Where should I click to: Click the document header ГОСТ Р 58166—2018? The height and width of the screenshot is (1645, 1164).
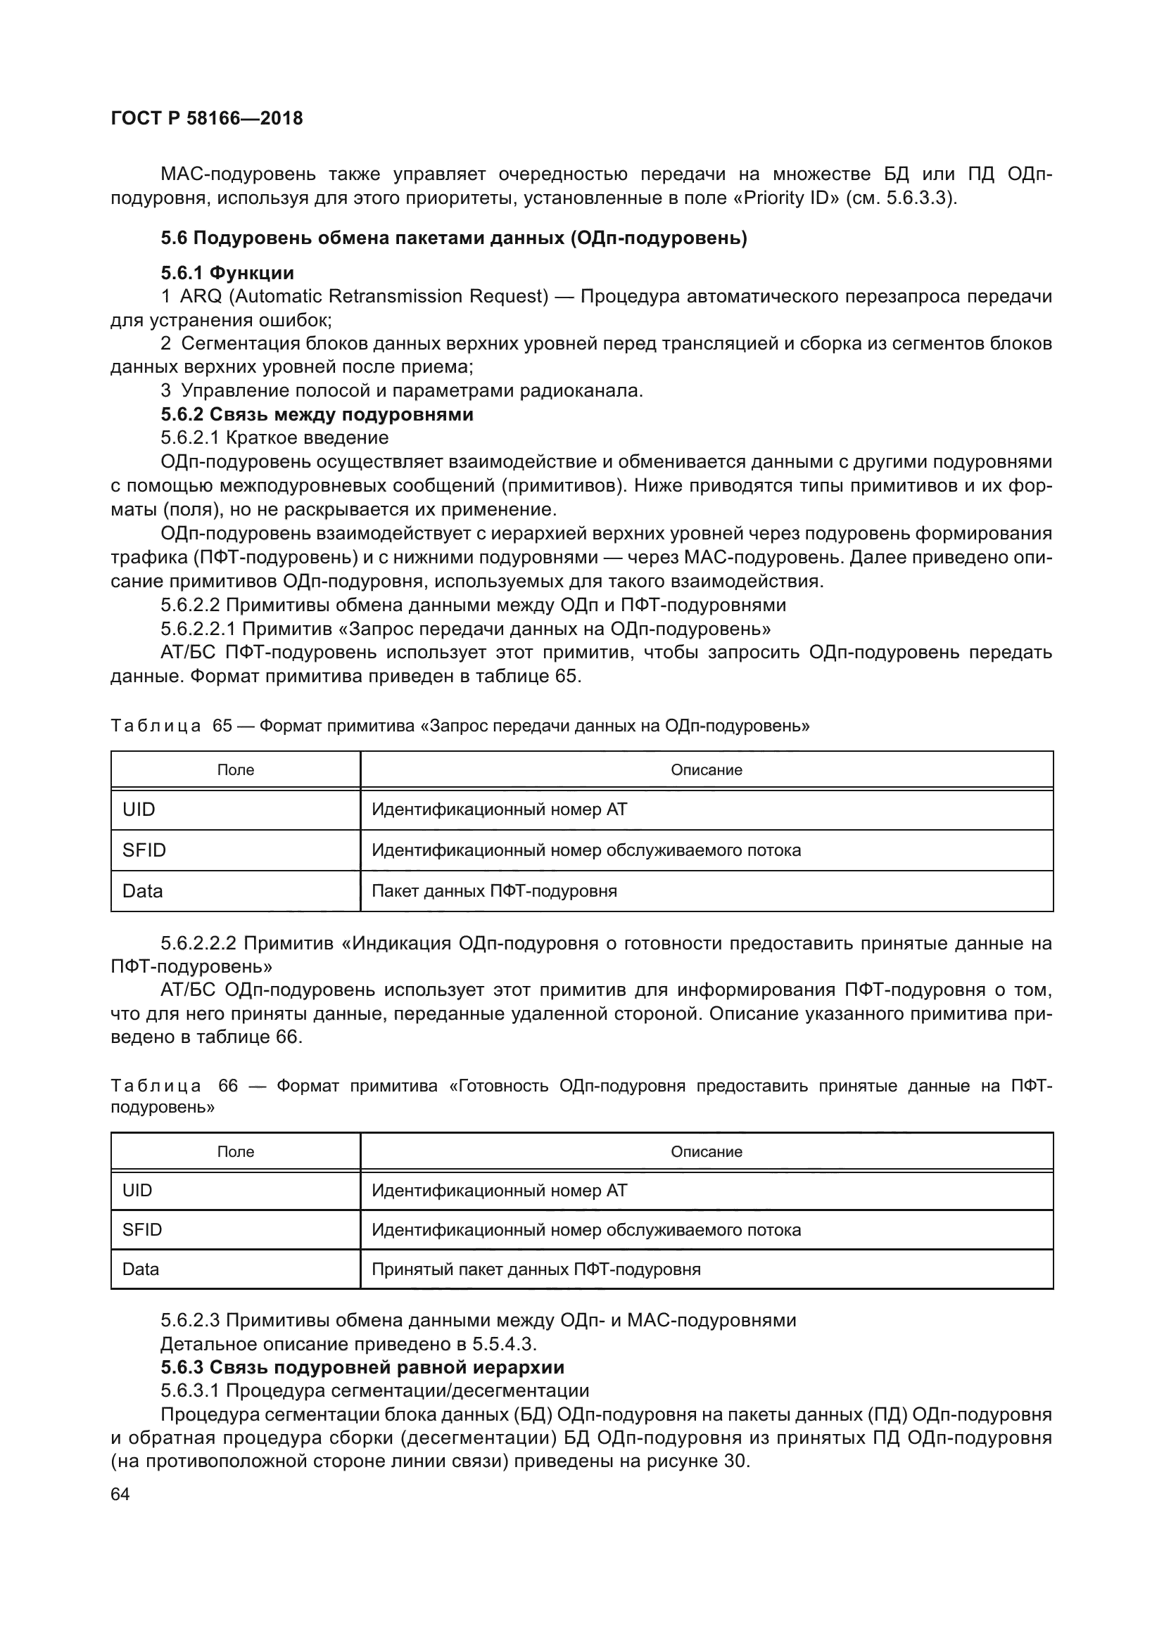point(206,118)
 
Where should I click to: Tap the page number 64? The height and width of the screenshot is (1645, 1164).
point(120,1494)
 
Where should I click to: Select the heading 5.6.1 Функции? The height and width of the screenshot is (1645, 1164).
point(227,273)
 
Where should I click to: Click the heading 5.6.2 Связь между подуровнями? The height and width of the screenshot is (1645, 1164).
point(317,414)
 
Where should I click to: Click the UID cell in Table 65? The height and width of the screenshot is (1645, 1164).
point(139,809)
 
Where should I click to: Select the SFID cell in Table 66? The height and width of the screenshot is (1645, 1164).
point(142,1229)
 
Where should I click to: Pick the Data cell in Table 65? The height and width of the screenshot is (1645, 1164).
point(143,891)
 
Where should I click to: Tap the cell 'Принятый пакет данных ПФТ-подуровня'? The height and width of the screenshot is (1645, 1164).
point(536,1269)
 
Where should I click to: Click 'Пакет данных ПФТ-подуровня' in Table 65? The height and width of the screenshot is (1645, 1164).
point(494,891)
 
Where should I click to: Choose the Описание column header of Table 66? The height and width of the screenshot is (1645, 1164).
point(706,1151)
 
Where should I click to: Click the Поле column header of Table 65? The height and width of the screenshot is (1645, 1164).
point(235,770)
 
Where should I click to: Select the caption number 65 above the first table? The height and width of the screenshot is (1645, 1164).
point(222,726)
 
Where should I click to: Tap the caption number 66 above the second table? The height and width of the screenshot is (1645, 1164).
point(228,1086)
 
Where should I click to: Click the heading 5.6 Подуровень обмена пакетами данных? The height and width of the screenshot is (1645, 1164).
point(454,238)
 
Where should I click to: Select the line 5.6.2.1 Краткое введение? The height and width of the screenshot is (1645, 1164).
point(274,437)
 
